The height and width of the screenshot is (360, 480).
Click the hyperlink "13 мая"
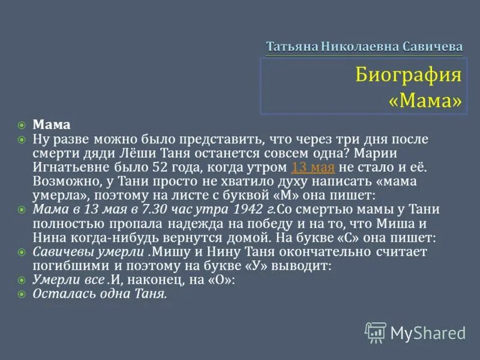[313, 167]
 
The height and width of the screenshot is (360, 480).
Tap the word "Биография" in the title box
[408, 75]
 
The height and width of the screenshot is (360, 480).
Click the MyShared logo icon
[376, 332]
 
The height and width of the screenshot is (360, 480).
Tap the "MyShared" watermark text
[428, 332]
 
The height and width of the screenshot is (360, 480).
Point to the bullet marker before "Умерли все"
[22, 280]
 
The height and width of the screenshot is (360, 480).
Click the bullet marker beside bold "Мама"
[22, 125]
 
